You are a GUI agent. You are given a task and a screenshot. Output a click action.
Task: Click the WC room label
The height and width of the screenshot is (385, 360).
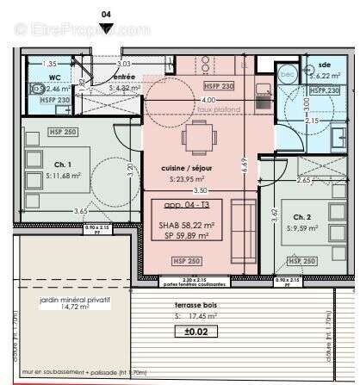click(x=54, y=77)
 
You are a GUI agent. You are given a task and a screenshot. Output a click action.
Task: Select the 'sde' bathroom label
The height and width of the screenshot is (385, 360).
click(x=323, y=65)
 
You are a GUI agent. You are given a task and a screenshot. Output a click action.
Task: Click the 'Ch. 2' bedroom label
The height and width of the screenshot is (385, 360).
click(x=301, y=217)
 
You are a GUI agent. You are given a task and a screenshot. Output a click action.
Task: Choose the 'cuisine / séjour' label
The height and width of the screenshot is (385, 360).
click(x=187, y=169)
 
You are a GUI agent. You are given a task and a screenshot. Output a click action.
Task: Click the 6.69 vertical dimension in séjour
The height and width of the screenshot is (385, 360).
click(x=245, y=163)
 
